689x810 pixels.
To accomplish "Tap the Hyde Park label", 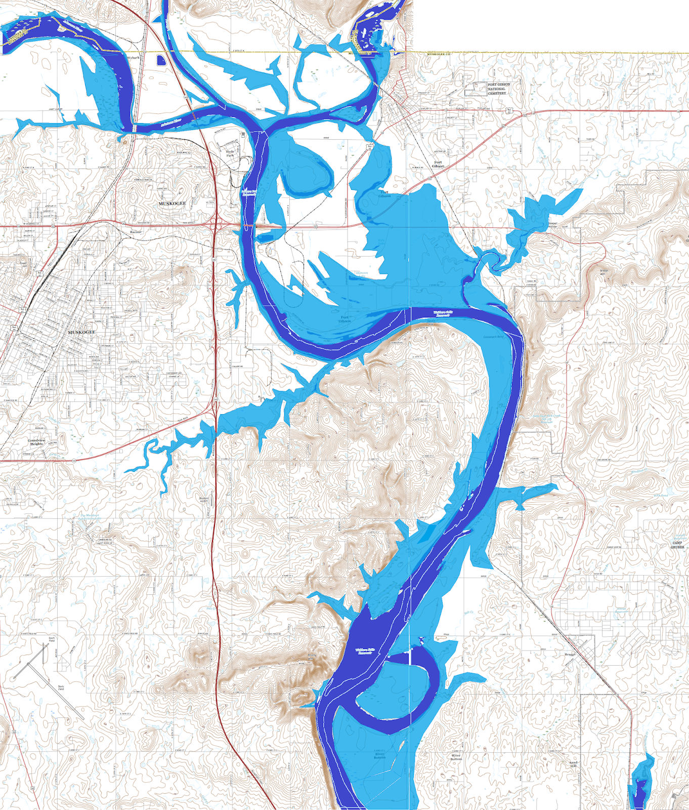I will [230, 153].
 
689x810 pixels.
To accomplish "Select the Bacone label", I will [136, 232].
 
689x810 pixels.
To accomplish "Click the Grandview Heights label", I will [36, 442].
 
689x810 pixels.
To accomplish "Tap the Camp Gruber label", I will [677, 545].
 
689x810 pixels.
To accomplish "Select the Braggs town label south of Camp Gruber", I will [570, 655].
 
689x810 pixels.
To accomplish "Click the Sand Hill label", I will [573, 764].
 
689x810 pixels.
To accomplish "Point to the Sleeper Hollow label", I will [552, 225].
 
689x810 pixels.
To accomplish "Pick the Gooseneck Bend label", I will [493, 337].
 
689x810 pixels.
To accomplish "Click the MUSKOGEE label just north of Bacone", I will [173, 204].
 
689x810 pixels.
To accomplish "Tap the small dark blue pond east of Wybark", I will [161, 60].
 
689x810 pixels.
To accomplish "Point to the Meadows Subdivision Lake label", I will [90, 516].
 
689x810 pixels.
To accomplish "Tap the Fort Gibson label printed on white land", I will [438, 164].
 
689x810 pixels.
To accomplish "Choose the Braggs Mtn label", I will [603, 272].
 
